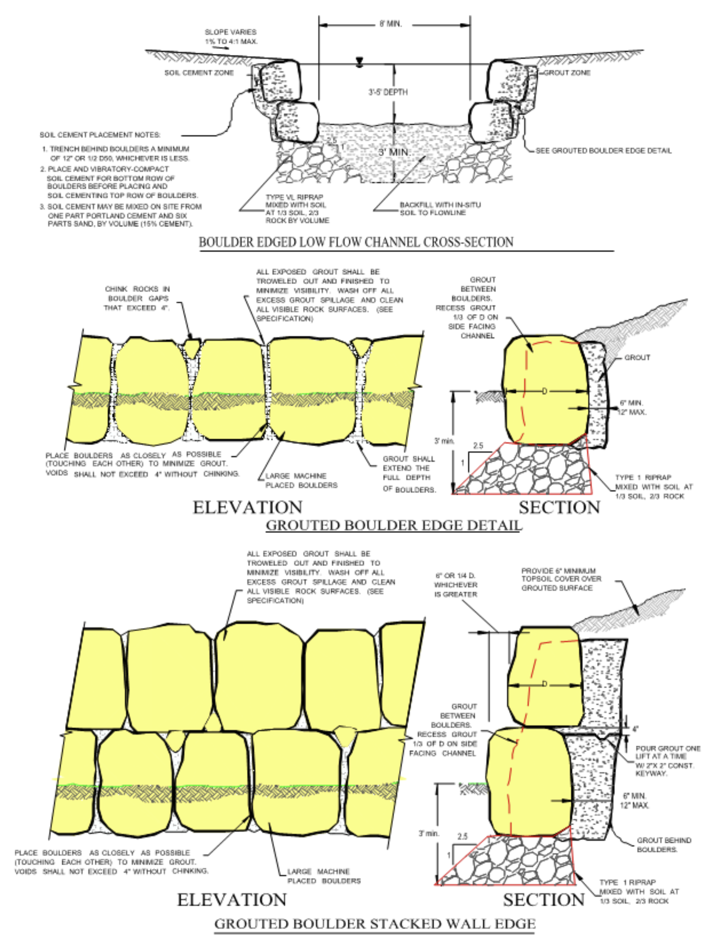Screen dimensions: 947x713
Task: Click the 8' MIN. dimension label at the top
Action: [391, 24]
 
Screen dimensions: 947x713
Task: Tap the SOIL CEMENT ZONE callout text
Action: [199, 73]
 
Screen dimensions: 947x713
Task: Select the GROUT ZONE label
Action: [567, 73]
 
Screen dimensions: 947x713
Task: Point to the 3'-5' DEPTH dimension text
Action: [388, 92]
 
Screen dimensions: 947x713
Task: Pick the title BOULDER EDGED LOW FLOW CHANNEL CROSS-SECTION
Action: [356, 242]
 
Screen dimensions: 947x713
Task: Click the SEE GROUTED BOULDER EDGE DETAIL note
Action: [604, 151]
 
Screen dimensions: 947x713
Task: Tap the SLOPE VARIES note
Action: [231, 37]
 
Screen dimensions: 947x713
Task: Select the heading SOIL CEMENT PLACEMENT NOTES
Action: [100, 135]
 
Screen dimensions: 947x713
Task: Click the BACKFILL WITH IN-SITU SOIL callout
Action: [440, 209]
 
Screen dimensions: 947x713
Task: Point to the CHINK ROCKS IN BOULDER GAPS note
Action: [137, 298]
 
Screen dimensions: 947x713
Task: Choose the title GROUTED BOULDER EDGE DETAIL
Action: [393, 525]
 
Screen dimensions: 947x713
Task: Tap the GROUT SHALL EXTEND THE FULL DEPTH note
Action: [409, 474]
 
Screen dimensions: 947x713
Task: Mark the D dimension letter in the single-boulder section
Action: [544, 391]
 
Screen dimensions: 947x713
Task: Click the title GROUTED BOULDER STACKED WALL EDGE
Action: [375, 924]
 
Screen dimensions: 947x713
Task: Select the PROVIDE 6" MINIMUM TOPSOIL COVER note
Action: [561, 579]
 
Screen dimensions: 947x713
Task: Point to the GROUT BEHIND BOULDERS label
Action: [664, 845]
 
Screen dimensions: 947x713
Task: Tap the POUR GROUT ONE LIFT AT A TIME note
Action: [667, 761]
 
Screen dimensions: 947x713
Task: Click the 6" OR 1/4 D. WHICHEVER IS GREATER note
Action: [455, 585]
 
